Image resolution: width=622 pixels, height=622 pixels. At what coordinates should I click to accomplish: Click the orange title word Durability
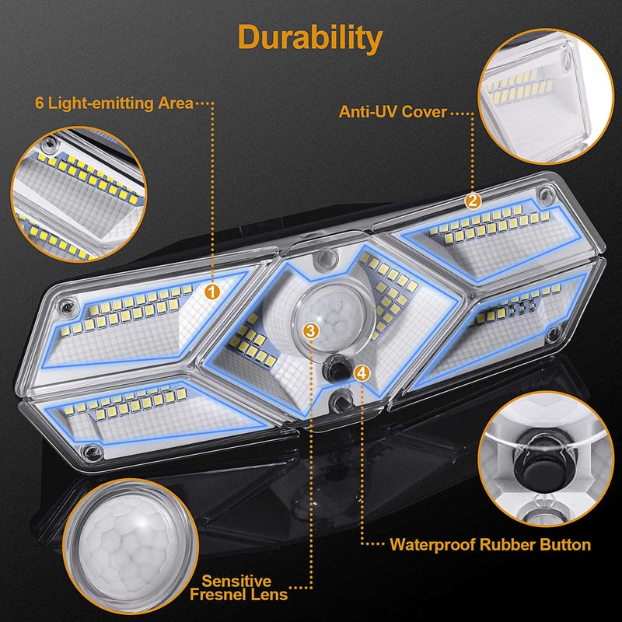point(310,37)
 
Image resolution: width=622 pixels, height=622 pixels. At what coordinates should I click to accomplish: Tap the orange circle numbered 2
point(472,200)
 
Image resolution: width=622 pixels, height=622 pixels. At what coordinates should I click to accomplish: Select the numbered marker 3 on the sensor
point(310,330)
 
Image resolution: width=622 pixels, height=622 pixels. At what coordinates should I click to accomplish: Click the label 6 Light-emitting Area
point(114,103)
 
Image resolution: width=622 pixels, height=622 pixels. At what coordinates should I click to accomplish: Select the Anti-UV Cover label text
point(393,112)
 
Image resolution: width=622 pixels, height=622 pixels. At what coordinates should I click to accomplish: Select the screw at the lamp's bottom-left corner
point(92,449)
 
